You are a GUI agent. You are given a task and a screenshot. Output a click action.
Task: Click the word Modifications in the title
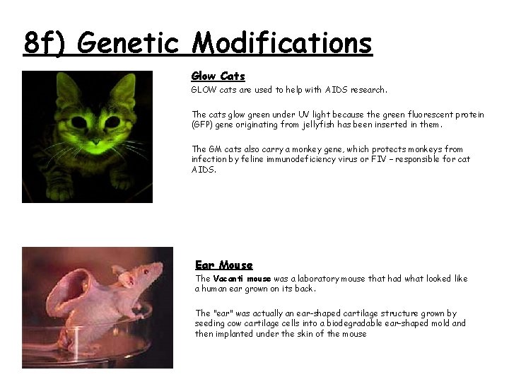(282, 43)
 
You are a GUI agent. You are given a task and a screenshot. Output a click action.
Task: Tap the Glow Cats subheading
(218, 76)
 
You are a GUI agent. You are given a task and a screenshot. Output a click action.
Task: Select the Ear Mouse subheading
(223, 265)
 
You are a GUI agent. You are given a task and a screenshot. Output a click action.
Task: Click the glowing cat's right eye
(112, 122)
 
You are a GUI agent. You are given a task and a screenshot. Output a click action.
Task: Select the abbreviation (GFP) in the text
(204, 125)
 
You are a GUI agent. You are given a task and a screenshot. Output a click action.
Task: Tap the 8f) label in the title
(47, 43)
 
